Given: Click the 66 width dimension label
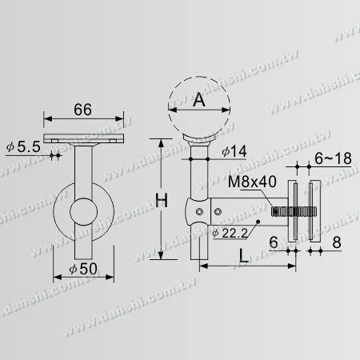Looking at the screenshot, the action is pos(82,110).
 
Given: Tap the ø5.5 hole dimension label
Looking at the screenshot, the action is pos(23,146).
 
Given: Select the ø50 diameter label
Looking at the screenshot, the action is pos(83,269).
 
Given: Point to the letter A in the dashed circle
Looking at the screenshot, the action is pos(199,100).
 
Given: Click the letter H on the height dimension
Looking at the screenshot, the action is pos(162,201).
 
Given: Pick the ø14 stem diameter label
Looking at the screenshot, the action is pos(234,151).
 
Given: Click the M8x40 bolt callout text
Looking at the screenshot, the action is pos(252,182).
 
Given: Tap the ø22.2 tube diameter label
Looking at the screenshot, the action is pos(230,234).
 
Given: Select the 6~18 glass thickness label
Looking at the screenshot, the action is pos(333,158).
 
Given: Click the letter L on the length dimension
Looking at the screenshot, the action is pos(243,255).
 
